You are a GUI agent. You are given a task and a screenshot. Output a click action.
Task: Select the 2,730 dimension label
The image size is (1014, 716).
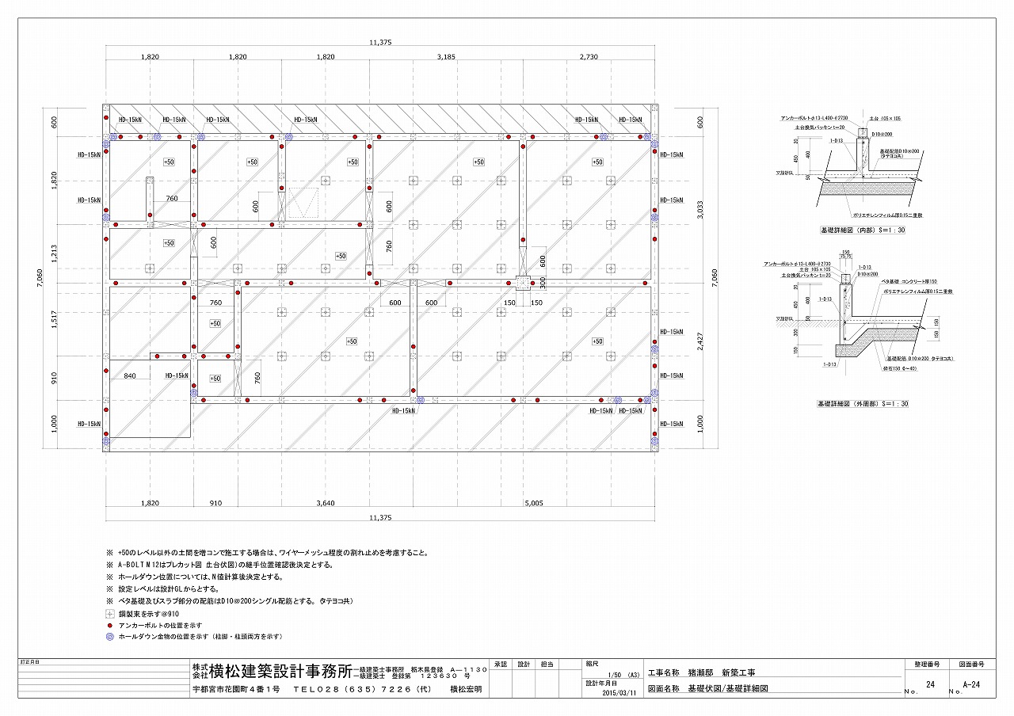(x=589, y=58)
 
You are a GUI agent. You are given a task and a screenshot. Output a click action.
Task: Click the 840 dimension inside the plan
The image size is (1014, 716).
(x=130, y=376)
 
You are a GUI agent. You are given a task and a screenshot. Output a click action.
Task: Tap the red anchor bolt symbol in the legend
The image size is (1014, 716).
(x=109, y=625)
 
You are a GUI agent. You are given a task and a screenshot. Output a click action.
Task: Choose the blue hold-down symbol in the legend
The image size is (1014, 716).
(x=109, y=636)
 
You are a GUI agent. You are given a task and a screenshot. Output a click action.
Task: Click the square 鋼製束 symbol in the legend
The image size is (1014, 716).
(x=109, y=614)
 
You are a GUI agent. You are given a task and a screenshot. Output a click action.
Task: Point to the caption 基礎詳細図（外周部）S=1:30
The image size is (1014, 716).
(x=863, y=403)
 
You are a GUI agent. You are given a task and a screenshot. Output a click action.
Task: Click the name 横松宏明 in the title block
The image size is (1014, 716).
(x=465, y=690)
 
